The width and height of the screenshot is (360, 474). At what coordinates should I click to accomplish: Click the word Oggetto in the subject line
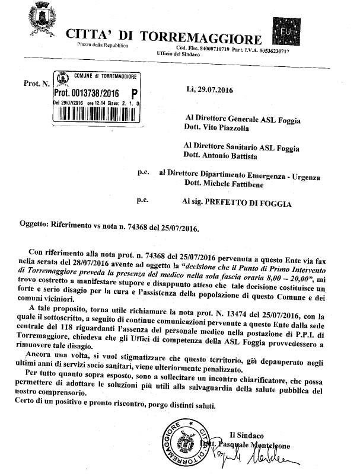(x=39, y=227)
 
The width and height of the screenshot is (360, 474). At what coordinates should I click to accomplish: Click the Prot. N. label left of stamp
(x=36, y=84)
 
